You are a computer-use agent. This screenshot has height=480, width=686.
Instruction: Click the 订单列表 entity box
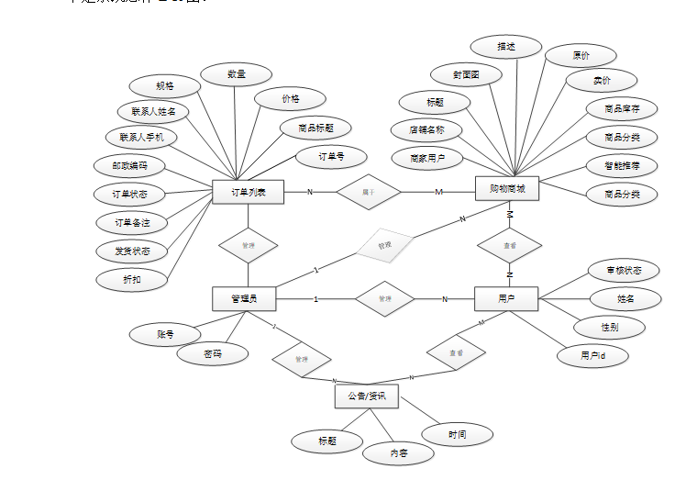pos(248,192)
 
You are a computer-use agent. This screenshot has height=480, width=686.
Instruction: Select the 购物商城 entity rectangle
pos(507,189)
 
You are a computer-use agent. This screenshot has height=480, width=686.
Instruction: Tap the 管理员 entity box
pos(243,298)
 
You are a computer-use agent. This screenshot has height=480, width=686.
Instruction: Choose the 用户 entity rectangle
pos(505,299)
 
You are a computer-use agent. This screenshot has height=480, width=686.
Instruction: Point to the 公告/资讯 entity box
pos(366,396)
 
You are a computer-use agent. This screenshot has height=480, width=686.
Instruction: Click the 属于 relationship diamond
pos(368,192)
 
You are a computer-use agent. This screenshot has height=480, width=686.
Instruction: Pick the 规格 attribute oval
pos(165,86)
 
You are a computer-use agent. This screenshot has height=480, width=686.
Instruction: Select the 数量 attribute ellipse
pos(236,74)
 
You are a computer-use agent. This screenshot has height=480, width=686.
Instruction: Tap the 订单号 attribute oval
pos(330,157)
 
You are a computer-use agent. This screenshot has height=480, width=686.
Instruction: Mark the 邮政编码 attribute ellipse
pos(131,166)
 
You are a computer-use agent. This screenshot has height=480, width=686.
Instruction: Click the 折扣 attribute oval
pos(131,279)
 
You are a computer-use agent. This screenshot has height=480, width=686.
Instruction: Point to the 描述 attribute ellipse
pos(505,46)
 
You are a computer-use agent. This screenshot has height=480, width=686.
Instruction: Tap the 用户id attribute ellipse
pos(592,355)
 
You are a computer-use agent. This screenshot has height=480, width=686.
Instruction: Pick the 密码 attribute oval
pos(212,353)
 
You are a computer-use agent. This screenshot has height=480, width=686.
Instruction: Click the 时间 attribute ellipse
pos(457,434)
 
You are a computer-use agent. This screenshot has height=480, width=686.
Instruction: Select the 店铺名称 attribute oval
pos(426,129)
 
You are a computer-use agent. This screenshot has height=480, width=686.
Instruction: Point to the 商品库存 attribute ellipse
pos(623,109)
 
